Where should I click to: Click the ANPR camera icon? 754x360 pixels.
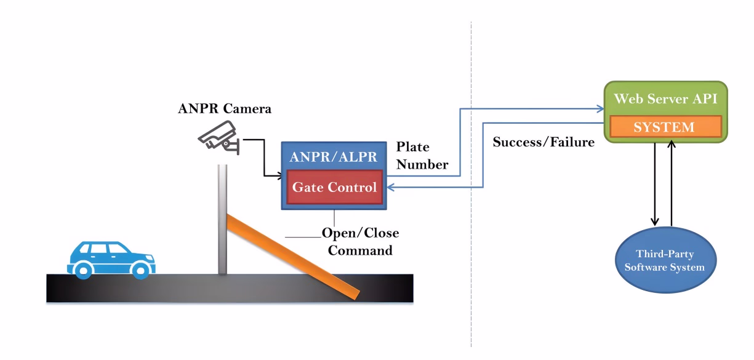tap(217, 136)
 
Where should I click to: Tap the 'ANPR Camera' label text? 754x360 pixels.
tap(225, 110)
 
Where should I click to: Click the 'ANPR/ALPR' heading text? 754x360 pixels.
tap(333, 156)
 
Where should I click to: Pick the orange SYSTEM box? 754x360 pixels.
tap(664, 127)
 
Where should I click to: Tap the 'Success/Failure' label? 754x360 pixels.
tap(543, 142)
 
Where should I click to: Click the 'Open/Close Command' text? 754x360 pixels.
tap(360, 242)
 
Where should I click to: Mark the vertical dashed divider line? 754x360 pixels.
tap(471, 185)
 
